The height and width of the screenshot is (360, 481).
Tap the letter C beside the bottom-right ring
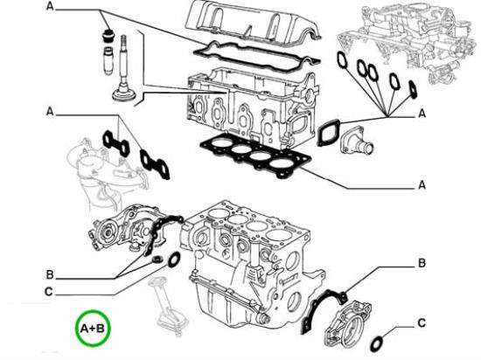422,323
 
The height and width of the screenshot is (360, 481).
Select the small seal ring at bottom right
377,344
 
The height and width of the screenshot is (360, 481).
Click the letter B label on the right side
422,263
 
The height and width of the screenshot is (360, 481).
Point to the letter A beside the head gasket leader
422,184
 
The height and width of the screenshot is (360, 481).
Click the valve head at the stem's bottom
123,94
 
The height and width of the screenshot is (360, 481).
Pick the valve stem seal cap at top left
107,36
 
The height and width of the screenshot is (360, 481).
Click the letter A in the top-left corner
50,6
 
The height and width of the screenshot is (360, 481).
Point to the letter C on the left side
48,292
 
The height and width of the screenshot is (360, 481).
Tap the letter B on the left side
50,275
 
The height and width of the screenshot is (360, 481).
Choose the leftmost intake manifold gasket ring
342,59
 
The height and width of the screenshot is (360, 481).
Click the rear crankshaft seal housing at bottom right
346,325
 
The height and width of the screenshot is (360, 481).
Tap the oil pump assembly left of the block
122,228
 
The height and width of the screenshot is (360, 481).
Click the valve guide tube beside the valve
108,60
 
